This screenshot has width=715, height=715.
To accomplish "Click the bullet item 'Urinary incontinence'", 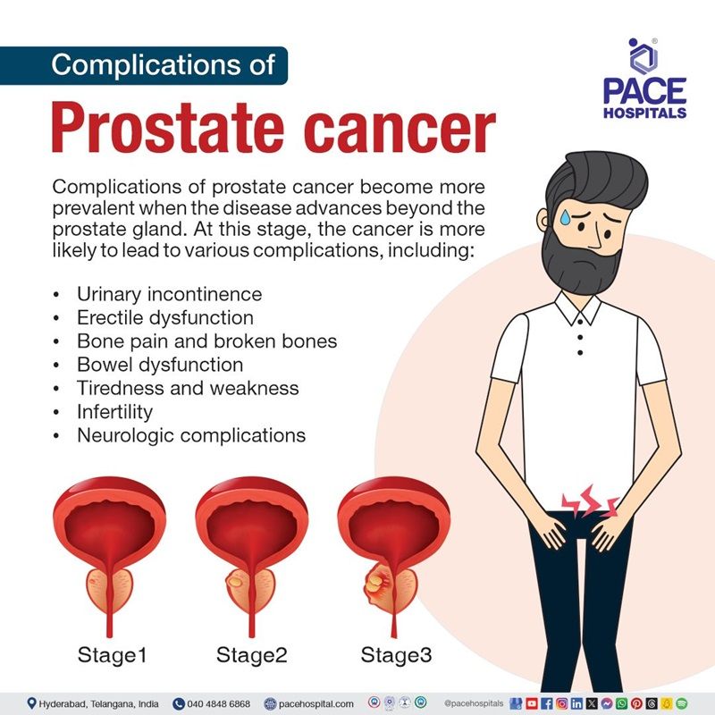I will [x=169, y=294].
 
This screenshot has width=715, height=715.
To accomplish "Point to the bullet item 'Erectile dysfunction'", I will [x=165, y=317].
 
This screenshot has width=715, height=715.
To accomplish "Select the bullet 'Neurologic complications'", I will [x=191, y=436].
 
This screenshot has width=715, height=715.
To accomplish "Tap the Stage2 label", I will [x=252, y=655].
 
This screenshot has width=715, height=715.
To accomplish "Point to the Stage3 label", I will [x=396, y=655].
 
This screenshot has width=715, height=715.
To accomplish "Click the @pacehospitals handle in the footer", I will [x=474, y=703].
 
